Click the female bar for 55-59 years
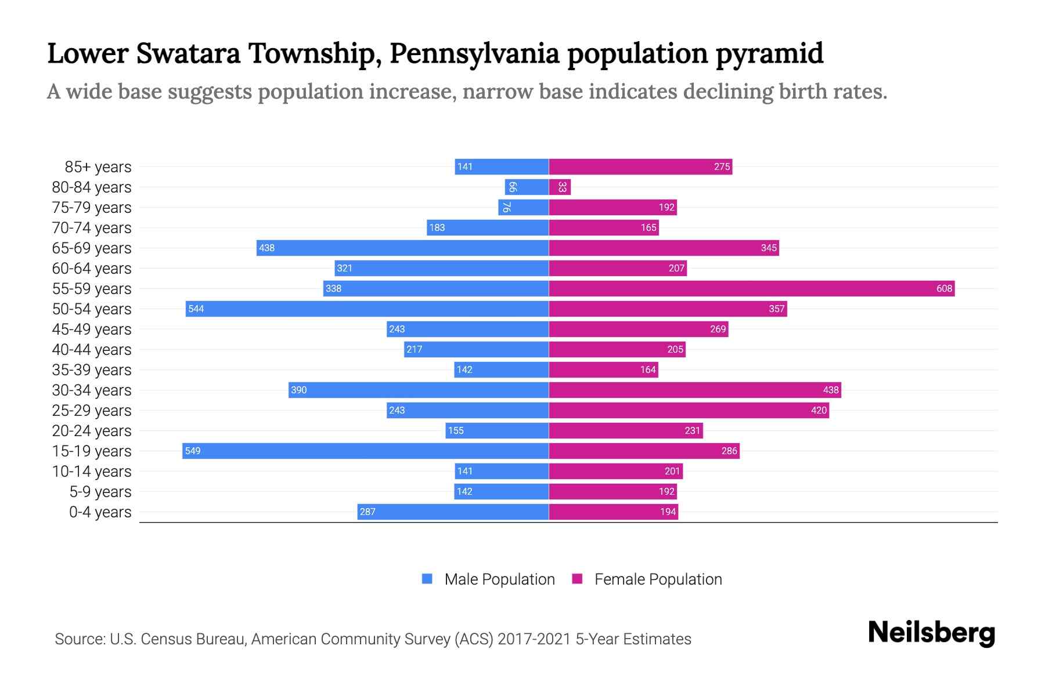point(752,288)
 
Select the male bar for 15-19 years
point(366,451)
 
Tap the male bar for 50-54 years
point(367,309)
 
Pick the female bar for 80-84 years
point(560,187)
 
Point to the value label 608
point(944,288)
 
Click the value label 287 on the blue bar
point(367,512)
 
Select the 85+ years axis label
point(98,167)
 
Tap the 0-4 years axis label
point(100,512)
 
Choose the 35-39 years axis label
point(92,370)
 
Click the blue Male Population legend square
point(427,579)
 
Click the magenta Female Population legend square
point(577,579)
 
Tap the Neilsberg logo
point(931,633)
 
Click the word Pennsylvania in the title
point(474,53)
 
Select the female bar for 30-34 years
point(695,390)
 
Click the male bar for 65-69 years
point(402,248)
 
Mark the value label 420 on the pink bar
point(819,410)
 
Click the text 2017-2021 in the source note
point(534,639)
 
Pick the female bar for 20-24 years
point(626,430)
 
